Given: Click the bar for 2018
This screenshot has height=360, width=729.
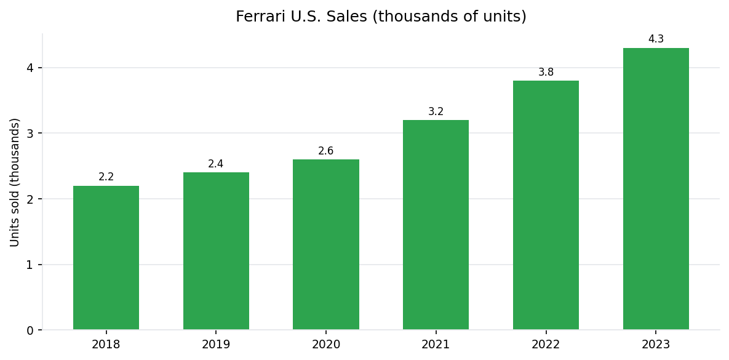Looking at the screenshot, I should (x=106, y=258).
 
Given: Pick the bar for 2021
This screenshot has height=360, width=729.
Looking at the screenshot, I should (x=436, y=225).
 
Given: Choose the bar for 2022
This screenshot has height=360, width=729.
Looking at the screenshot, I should (x=546, y=206).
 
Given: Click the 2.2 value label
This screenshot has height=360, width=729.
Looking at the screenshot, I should (x=106, y=177).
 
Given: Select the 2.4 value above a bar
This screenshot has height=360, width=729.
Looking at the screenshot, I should (x=216, y=164).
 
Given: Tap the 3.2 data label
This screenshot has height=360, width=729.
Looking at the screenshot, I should (x=436, y=112).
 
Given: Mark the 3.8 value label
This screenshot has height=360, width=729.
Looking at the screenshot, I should (x=546, y=73).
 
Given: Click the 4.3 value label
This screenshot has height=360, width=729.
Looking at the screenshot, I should (x=656, y=39).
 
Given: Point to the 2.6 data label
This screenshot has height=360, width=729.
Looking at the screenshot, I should (x=326, y=151).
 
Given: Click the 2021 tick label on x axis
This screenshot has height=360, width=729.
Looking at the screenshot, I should (x=436, y=345).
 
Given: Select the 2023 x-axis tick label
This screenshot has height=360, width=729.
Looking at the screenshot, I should (x=656, y=345).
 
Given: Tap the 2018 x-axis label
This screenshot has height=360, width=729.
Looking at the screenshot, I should (x=106, y=345).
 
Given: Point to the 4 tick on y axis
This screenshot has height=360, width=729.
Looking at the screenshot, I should (x=30, y=68).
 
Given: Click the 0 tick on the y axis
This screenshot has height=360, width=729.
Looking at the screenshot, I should (x=30, y=330).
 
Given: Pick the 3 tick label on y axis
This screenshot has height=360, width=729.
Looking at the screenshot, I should (x=30, y=134).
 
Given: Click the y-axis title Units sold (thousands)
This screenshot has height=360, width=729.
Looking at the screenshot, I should (x=15, y=182).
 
